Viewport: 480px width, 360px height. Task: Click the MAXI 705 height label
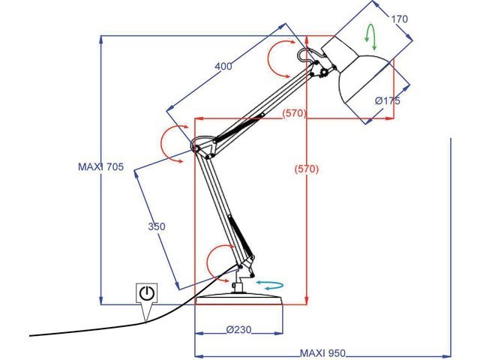coord(100,167)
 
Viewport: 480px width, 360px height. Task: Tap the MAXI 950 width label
coord(323,352)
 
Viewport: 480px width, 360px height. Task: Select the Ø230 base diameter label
coord(238,329)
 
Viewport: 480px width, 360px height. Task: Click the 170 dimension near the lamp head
coord(400,19)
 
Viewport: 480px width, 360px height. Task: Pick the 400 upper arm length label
coord(223,66)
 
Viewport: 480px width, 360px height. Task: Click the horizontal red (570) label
coord(295,113)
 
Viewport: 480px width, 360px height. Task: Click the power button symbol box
coord(146,293)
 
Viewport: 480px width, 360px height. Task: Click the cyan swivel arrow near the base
coord(269,285)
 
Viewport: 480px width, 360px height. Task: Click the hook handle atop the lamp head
coord(307,54)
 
